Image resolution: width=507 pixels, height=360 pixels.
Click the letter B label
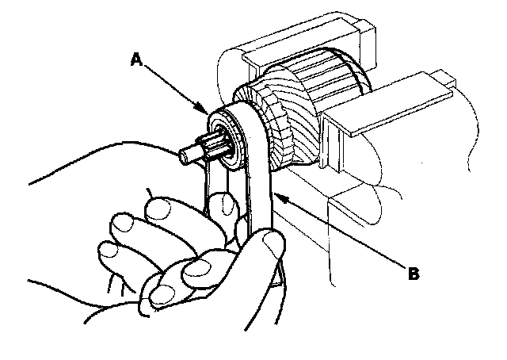[413, 275]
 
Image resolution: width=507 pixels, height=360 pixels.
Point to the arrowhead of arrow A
[208, 114]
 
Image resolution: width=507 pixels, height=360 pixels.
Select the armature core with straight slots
[333, 87]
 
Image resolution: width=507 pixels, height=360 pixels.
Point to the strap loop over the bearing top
[242, 111]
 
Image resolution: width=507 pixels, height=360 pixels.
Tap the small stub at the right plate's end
[444, 79]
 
